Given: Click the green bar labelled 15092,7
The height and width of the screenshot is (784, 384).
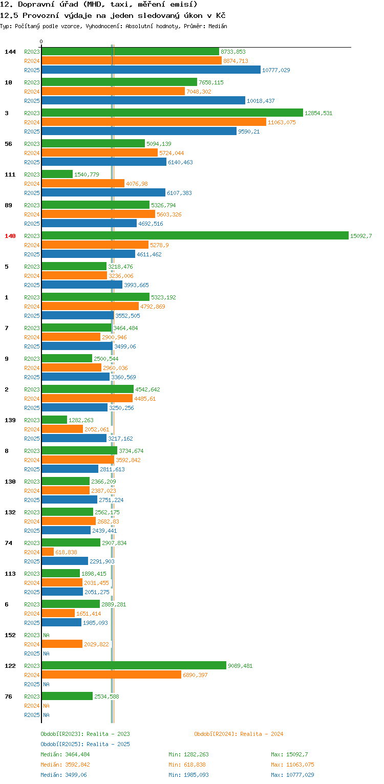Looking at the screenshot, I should (x=195, y=235).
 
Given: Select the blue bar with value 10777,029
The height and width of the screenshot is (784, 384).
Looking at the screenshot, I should (x=151, y=70).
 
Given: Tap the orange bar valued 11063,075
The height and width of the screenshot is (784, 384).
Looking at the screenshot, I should (x=154, y=122).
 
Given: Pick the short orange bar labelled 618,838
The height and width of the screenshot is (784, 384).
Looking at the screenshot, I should (x=48, y=552).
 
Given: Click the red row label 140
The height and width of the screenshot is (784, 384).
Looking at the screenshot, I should (x=10, y=236).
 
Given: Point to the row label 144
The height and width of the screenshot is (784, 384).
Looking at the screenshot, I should (x=10, y=52).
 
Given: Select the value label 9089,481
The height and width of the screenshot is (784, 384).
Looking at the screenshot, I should (x=240, y=666).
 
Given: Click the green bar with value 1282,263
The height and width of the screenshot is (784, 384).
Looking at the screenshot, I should (x=54, y=420).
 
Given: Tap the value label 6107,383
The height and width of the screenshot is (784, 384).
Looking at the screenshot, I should (x=180, y=193).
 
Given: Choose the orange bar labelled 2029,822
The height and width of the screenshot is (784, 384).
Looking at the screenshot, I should (x=62, y=644).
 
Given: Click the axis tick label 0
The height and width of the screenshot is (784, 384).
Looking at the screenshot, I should (x=41, y=41).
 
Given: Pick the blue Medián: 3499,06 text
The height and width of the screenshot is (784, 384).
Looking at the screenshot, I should (x=63, y=775).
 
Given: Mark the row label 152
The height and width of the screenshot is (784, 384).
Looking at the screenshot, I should (x=10, y=635).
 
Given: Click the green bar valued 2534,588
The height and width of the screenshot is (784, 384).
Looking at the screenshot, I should (x=67, y=696).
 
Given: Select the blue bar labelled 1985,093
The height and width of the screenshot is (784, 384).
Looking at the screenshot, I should (x=61, y=622).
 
